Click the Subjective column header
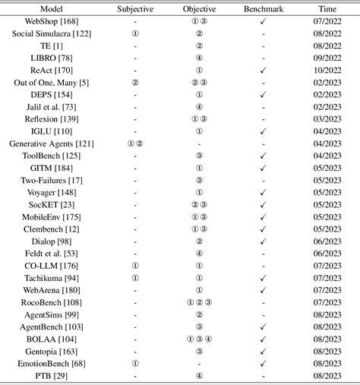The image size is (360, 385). click(x=134, y=10)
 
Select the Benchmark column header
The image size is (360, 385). click(x=263, y=10)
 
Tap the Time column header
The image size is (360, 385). click(x=327, y=10)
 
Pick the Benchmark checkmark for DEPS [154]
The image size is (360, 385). click(x=263, y=94)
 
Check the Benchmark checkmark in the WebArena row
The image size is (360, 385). click(x=263, y=289)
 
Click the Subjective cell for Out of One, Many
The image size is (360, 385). click(x=135, y=82)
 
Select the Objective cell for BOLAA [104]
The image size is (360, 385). click(x=199, y=339)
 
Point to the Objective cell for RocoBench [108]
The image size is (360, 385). click(x=199, y=301)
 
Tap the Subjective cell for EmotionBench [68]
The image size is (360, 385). click(x=135, y=363)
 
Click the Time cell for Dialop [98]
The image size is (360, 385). click(x=327, y=241)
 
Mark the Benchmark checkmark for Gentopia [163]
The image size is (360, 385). click(x=263, y=351)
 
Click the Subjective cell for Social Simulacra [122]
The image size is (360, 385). click(x=135, y=34)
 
